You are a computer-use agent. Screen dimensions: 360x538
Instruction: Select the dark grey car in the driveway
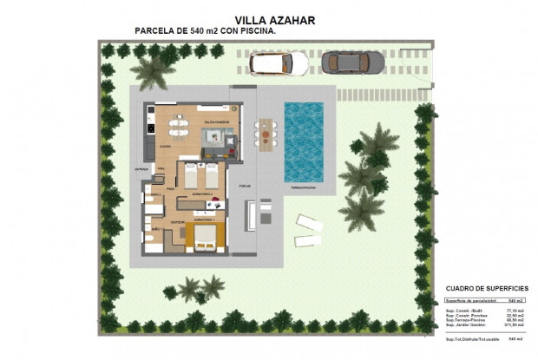coord(353,62)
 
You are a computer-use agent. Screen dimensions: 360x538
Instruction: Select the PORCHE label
coord(245,186)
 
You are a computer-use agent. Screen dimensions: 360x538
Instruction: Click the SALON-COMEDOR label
coord(215,123)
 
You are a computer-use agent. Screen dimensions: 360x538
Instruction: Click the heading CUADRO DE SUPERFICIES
coord(486,288)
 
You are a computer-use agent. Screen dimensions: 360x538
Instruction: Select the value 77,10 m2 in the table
coord(517,310)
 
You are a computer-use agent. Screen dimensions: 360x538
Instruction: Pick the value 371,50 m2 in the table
coord(517,325)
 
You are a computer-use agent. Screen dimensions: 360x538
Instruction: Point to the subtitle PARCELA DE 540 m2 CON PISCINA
coord(206,30)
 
